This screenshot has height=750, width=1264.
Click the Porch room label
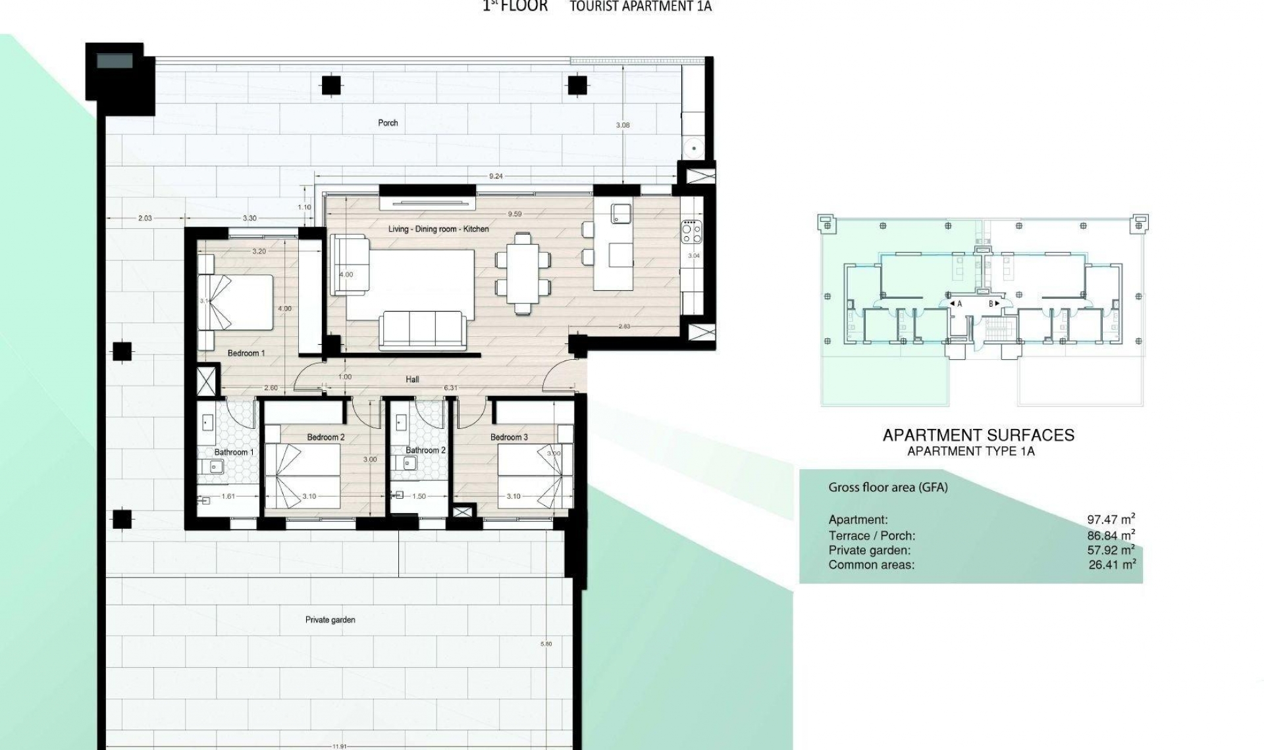point(388,123)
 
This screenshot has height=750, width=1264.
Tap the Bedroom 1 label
point(246,353)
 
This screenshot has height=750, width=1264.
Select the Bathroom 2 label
point(425,451)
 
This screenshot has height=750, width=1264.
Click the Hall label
point(412,380)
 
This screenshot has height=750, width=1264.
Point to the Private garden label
point(330,620)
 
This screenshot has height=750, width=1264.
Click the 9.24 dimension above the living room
point(496,176)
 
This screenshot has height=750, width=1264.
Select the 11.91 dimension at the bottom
point(340,746)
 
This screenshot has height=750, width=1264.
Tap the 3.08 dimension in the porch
point(622,125)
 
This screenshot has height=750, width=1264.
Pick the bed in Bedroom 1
point(236,302)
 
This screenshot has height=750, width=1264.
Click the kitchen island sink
point(621,213)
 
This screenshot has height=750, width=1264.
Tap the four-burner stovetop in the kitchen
point(691,232)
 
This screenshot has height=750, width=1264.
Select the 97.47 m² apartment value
point(1111,520)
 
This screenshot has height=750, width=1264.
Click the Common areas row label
point(871,565)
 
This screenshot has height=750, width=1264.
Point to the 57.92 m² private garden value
point(1111,550)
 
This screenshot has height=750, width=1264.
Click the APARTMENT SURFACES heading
point(978,435)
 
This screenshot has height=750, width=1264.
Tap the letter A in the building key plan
point(959,304)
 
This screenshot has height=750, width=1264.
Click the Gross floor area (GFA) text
point(887,488)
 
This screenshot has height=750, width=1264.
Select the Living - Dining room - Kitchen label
point(438,229)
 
